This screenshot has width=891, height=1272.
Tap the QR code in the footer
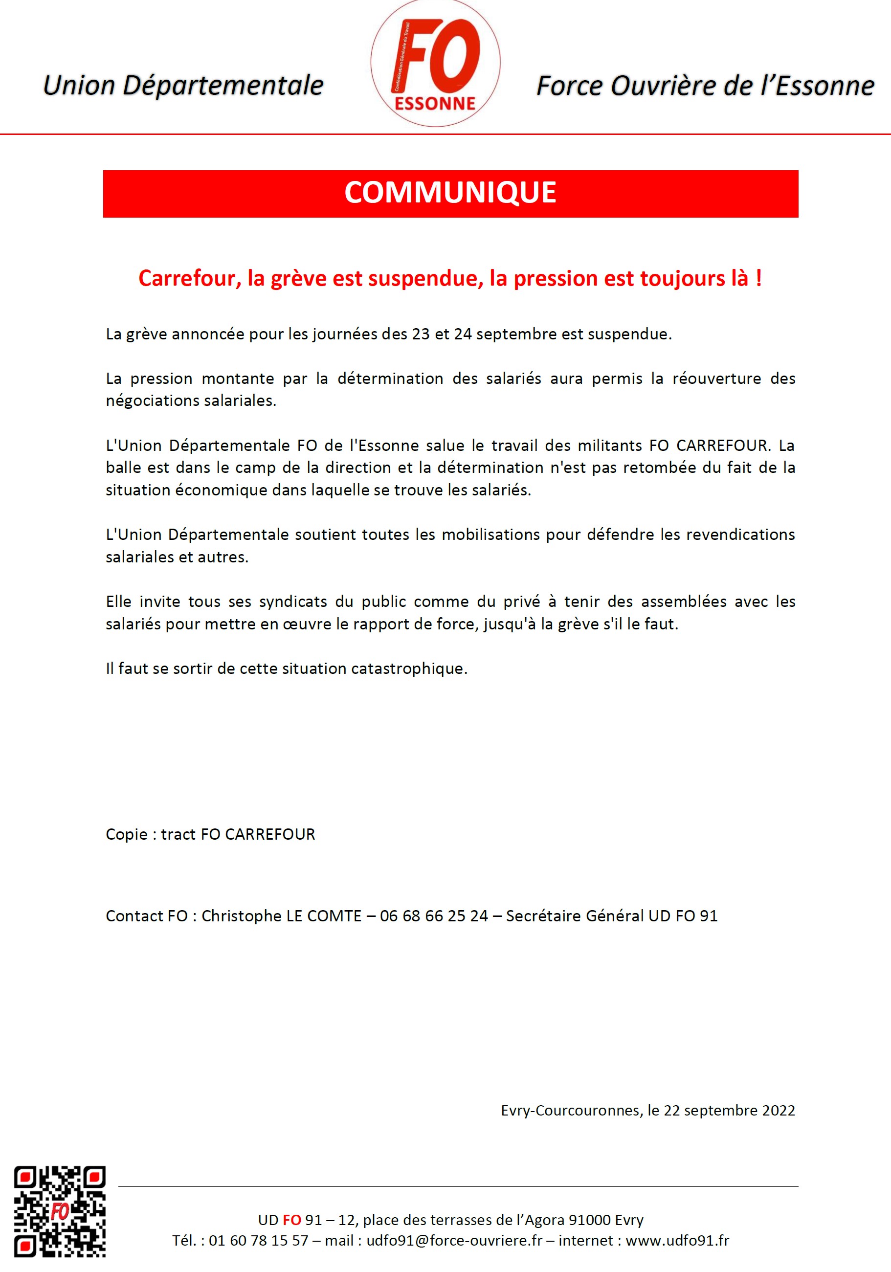tap(60, 1210)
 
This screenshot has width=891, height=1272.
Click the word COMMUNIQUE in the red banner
tap(450, 193)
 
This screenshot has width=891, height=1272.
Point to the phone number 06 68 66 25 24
tap(434, 916)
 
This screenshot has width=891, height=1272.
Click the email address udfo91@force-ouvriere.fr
tap(454, 1240)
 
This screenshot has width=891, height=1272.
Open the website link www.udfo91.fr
tap(677, 1240)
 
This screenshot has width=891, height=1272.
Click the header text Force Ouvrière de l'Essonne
tap(705, 86)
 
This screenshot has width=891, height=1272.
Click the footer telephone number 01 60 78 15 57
tap(258, 1240)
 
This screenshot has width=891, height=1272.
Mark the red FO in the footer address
tap(291, 1220)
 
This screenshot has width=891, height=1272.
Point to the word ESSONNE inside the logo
tap(435, 104)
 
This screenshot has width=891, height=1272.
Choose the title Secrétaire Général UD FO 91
tap(612, 916)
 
